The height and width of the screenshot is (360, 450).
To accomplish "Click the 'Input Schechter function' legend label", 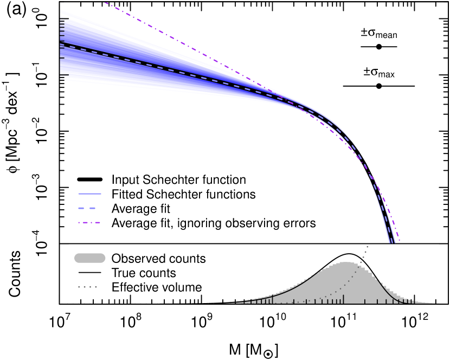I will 178,179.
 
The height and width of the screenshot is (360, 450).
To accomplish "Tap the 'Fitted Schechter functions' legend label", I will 183,194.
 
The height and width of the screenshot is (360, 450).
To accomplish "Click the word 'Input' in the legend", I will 124,179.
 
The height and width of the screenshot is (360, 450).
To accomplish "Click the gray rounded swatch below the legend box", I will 89,258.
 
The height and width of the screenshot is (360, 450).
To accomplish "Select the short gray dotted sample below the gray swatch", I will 87,286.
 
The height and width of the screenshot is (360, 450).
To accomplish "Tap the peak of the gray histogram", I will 345,262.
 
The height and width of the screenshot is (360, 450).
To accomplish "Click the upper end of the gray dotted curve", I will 368,246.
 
